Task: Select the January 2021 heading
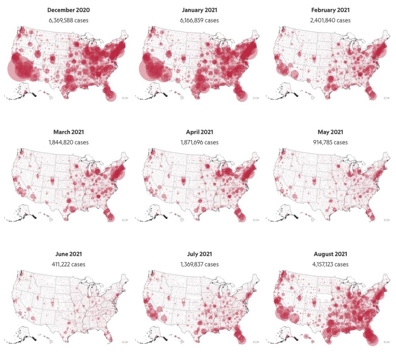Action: click(200, 10)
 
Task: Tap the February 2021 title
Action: click(330, 10)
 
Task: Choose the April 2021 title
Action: click(200, 132)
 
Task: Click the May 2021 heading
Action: click(330, 132)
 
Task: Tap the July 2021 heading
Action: click(200, 254)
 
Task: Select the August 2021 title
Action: click(330, 254)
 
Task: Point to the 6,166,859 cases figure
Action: click(200, 20)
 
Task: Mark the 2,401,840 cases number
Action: click(330, 20)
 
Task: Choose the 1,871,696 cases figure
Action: click(200, 142)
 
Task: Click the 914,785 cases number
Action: click(330, 142)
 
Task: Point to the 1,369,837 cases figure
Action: click(200, 264)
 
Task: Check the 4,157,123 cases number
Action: click(330, 264)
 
